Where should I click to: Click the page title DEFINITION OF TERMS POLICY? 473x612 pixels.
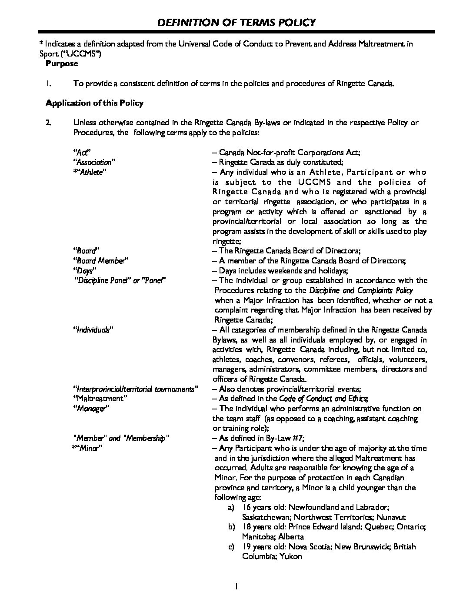(236, 22)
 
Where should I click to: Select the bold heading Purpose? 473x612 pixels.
(62, 63)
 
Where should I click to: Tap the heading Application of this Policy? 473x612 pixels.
(94, 103)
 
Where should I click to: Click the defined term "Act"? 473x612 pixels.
(81, 152)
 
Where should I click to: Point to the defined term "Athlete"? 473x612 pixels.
(90, 172)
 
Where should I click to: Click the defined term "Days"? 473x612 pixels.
(83, 270)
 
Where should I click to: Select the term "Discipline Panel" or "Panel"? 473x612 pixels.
(119, 280)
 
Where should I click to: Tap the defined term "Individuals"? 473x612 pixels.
(93, 330)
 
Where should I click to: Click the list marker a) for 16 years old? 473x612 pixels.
(231, 507)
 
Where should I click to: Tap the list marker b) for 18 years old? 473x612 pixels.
(231, 527)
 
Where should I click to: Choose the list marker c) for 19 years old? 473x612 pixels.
(231, 546)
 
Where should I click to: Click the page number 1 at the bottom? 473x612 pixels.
(236, 586)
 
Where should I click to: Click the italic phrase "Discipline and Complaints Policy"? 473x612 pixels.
(361, 290)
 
